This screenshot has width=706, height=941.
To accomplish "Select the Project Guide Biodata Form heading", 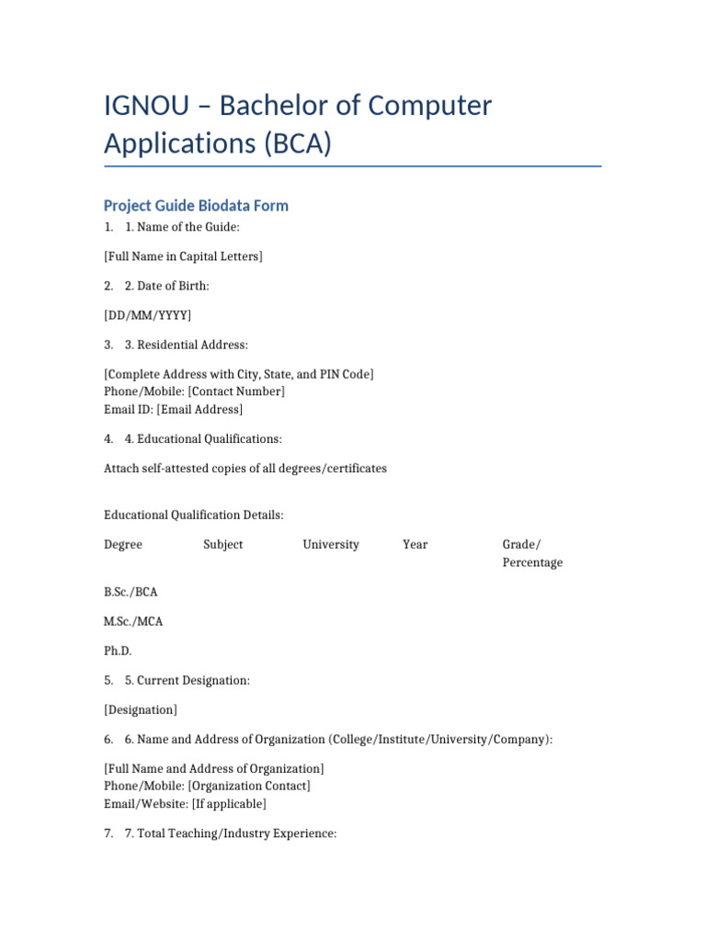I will point(196,206).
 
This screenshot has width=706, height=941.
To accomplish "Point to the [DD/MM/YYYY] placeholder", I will point(148,315).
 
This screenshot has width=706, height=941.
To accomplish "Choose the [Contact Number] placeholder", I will point(236,391).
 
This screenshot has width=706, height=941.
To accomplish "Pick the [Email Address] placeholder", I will point(199,409).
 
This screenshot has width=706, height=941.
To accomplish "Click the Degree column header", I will point(123,544).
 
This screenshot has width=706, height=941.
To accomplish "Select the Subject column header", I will point(223,544).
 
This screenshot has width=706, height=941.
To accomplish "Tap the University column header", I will point(331,544).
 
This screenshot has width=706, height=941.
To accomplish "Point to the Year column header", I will point(416,544).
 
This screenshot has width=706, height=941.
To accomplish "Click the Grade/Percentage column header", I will point(531,553).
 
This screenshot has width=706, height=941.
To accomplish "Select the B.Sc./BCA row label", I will point(131,592).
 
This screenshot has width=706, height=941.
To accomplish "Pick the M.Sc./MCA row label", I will point(133,621).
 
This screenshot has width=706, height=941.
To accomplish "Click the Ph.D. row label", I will point(118,651).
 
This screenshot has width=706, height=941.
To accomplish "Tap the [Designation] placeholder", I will point(141,709).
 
